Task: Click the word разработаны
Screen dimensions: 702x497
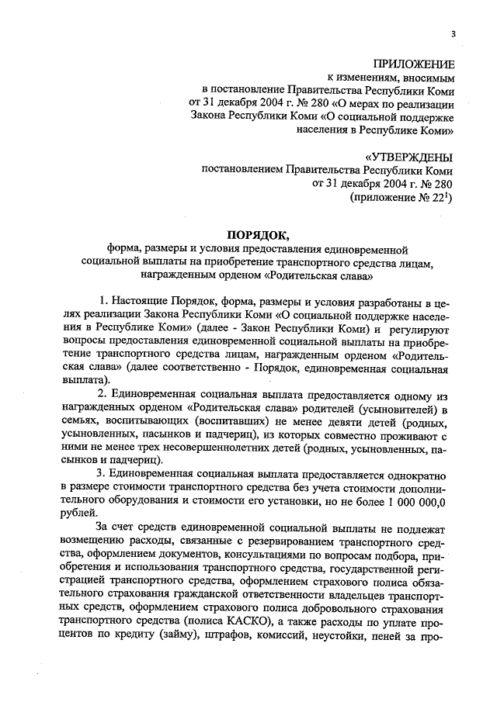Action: (x=378, y=299)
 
